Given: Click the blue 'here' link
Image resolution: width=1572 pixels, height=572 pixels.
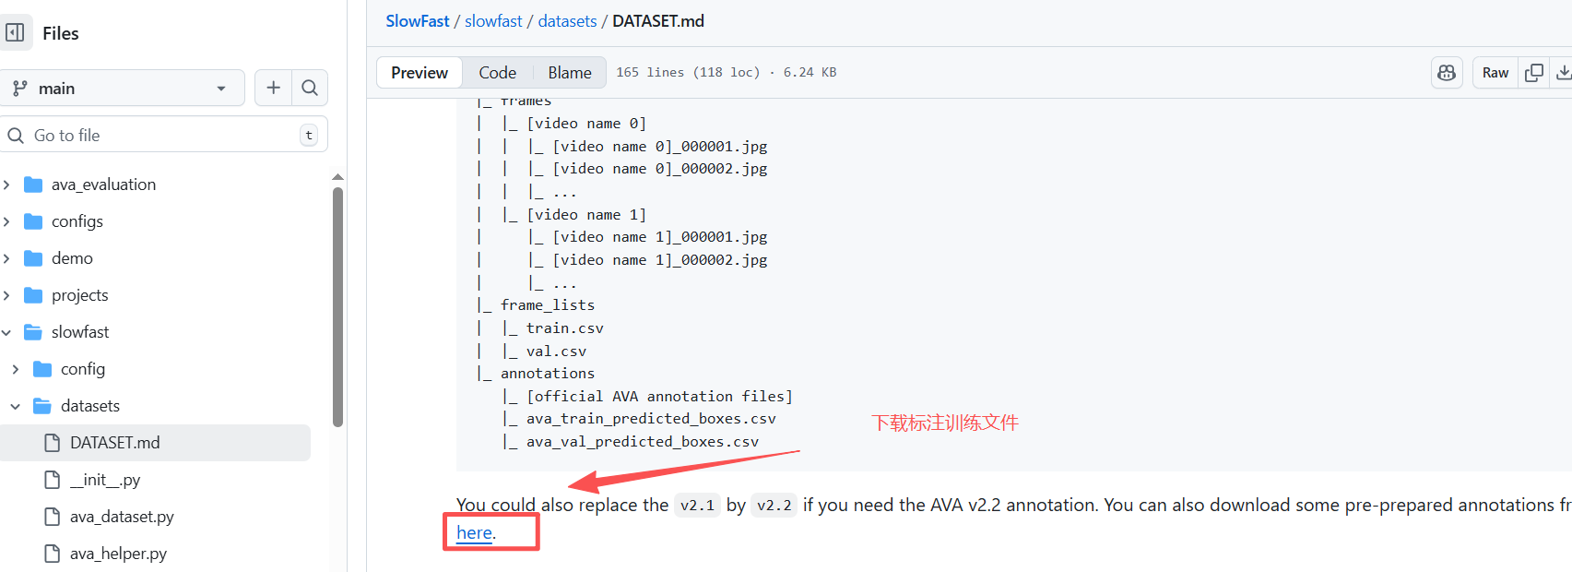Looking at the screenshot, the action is [x=474, y=532].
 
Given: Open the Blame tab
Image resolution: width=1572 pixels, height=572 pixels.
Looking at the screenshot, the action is [x=570, y=73].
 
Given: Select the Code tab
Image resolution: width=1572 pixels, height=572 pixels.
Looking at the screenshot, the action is [x=497, y=73].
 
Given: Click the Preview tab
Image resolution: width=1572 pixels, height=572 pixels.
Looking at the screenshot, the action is [x=420, y=73].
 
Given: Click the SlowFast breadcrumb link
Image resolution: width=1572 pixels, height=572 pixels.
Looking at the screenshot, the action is [x=417, y=21].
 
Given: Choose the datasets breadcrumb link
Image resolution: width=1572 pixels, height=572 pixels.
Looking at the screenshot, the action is [x=567, y=21].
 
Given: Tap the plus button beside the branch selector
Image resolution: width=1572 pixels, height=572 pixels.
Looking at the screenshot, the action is [x=273, y=88].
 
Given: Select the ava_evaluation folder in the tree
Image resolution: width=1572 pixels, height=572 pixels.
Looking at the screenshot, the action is [x=103, y=185].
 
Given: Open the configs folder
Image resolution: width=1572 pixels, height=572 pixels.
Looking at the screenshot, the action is [x=77, y=221].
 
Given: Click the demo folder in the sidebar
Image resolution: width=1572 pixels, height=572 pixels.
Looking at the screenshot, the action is [x=72, y=258].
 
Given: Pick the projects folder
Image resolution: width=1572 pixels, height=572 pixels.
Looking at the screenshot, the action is [x=80, y=295].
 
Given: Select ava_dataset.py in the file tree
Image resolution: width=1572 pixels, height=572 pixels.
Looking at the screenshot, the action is [x=122, y=517].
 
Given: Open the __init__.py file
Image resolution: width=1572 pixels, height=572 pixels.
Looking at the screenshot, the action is [x=105, y=480].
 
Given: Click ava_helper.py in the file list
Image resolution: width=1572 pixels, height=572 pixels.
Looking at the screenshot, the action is [x=118, y=554].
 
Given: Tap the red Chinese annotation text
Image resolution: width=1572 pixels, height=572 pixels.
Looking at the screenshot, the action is [x=945, y=423].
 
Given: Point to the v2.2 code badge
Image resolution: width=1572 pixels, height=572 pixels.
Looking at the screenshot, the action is [x=774, y=506].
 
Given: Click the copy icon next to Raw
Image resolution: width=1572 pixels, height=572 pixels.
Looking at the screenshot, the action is [x=1534, y=73].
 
